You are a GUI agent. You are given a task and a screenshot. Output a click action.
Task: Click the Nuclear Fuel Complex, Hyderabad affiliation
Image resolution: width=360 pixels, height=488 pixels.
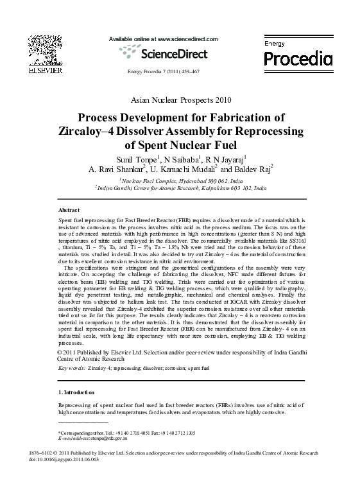coord(181,182)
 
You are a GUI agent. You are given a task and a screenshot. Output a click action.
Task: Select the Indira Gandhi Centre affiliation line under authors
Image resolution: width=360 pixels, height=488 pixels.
coord(181,189)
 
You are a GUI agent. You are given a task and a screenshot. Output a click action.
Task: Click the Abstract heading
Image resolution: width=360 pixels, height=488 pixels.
coord(69,211)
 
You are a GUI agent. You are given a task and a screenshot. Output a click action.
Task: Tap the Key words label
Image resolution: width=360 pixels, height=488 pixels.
coord(71,369)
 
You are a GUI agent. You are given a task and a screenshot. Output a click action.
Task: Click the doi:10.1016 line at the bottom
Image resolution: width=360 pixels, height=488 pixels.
coord(64,458)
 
